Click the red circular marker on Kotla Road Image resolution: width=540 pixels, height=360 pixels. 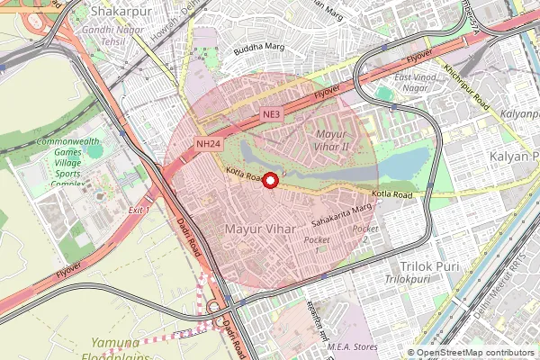point(269,180)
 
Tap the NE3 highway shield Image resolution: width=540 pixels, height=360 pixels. point(274,115)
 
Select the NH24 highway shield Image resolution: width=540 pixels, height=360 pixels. point(209,143)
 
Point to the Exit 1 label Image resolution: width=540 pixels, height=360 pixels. point(138,210)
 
